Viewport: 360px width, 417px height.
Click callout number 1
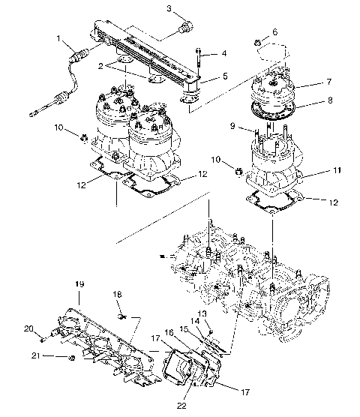58,37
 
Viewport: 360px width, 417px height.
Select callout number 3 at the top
169,8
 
